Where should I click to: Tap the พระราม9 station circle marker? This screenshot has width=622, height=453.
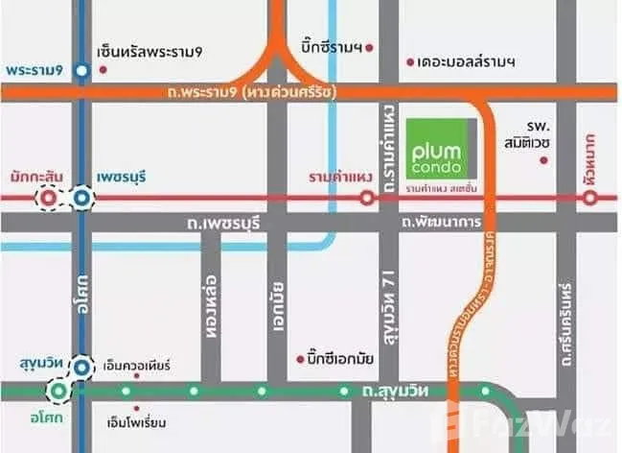pyautogui.click(x=83, y=70)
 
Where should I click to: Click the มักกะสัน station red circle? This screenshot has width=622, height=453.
pyautogui.click(x=48, y=199)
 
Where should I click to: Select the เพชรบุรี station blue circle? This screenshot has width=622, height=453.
pyautogui.click(x=83, y=199)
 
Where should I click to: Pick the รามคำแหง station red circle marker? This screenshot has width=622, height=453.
pyautogui.click(x=366, y=199)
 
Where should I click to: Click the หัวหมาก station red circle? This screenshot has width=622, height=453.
pyautogui.click(x=590, y=199)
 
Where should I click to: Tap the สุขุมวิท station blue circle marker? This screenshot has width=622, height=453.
pyautogui.click(x=83, y=366)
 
